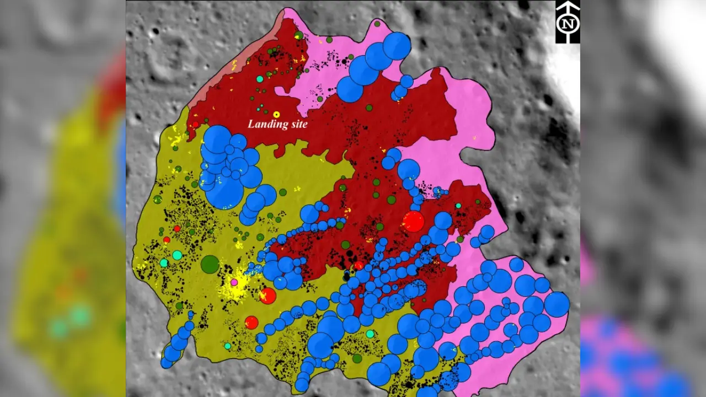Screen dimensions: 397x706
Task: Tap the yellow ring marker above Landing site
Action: (276, 115)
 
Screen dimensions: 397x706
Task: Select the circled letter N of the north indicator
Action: (568, 24)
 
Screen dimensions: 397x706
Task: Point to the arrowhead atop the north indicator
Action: (568, 6)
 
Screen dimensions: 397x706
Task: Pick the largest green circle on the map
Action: (210, 264)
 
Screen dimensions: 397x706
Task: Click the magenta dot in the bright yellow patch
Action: (234, 282)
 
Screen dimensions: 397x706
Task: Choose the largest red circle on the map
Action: (413, 221)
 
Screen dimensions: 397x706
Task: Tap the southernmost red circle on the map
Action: (252, 323)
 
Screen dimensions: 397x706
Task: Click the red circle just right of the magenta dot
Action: (268, 296)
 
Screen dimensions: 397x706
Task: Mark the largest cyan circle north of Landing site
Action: (260, 79)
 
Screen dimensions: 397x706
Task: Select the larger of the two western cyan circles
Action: (177, 255)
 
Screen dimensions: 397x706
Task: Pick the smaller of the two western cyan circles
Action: (164, 263)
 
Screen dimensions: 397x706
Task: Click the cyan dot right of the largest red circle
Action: (458, 206)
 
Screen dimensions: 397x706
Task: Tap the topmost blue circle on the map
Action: (397, 46)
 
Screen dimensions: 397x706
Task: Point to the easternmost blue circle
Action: (557, 304)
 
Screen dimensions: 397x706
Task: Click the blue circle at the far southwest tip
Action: (167, 363)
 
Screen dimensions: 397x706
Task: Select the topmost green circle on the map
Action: (377, 24)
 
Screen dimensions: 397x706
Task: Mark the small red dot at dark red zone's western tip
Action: (195, 125)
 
